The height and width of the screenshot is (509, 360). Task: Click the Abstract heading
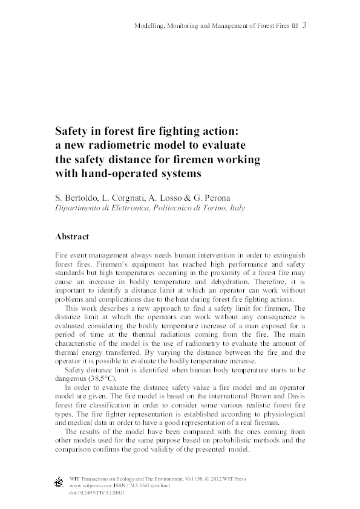(x=72, y=237)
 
